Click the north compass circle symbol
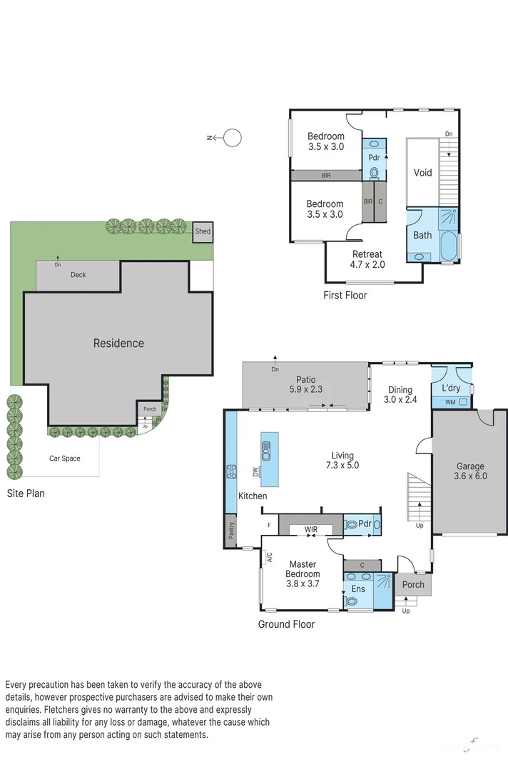233,138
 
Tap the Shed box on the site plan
203,231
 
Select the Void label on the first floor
423,173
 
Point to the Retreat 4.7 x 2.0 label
367,259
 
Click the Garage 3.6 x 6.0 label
470,471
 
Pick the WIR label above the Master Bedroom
310,529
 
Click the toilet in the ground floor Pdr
350,524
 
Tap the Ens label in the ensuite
357,589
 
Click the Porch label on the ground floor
413,584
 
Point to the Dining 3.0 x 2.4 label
400,395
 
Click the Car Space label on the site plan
64,458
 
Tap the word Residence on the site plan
118,344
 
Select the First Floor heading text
345,295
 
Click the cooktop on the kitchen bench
231,471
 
